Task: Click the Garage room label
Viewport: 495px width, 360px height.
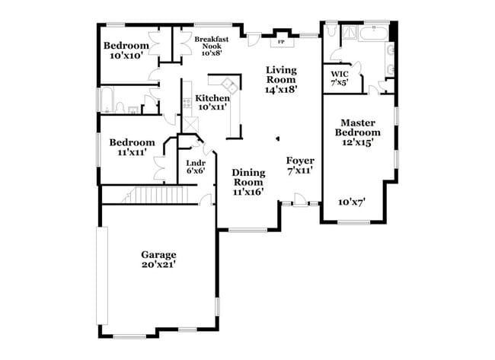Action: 158,254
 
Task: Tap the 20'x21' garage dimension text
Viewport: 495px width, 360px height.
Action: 158,264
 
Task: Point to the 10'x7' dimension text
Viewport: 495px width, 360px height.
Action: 352,202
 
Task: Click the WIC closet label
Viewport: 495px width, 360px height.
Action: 339,74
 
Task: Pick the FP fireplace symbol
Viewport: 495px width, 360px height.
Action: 281,40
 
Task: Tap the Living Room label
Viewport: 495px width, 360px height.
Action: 280,75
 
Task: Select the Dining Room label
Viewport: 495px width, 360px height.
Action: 247,177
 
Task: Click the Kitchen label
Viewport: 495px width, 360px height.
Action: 212,98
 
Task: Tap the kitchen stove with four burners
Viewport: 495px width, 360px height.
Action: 186,103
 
